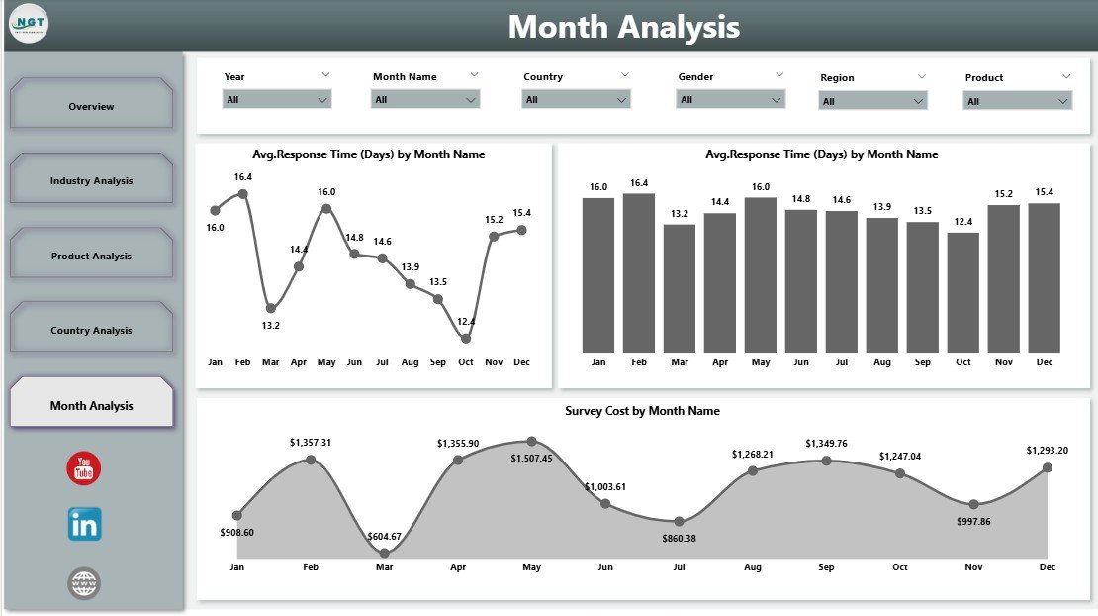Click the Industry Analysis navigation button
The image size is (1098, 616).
pyautogui.click(x=91, y=180)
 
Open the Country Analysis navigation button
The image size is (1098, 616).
pyautogui.click(x=91, y=330)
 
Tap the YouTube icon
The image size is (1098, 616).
pyautogui.click(x=84, y=468)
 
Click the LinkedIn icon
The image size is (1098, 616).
pyautogui.click(x=84, y=524)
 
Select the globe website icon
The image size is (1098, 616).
pyautogui.click(x=84, y=583)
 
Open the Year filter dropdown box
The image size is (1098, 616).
pyautogui.click(x=277, y=99)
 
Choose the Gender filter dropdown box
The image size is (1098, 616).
pyautogui.click(x=730, y=99)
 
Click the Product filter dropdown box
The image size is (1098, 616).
pyautogui.click(x=1018, y=100)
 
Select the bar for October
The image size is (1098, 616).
pyautogui.click(x=963, y=292)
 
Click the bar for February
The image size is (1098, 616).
pyautogui.click(x=639, y=272)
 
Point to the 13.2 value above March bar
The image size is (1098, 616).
pyautogui.click(x=680, y=213)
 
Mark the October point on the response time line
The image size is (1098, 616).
pyautogui.click(x=466, y=338)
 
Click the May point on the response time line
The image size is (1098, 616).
pyautogui.click(x=326, y=208)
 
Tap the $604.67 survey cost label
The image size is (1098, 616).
pyautogui.click(x=385, y=536)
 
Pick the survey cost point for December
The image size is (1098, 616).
pyautogui.click(x=1048, y=467)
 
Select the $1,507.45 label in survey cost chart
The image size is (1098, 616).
pyautogui.click(x=532, y=459)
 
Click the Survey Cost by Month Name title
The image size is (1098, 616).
pyautogui.click(x=642, y=410)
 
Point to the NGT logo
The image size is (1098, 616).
pyautogui.click(x=28, y=25)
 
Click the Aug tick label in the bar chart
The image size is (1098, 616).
pyautogui.click(x=882, y=362)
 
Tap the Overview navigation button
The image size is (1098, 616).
pyautogui.click(x=91, y=106)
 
